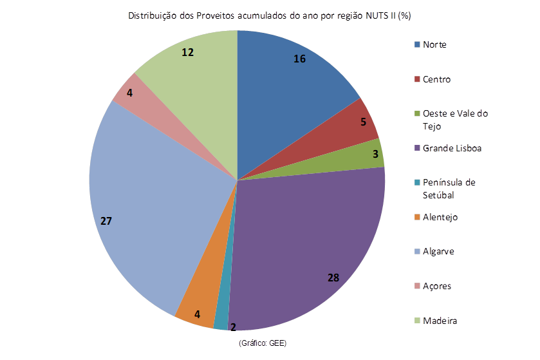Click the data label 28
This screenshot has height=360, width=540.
[333, 278]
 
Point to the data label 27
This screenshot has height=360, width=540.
[106, 221]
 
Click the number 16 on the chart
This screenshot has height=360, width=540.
[299, 59]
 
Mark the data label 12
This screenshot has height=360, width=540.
[188, 52]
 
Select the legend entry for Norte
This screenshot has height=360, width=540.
[434, 44]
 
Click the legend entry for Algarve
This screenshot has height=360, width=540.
[438, 251]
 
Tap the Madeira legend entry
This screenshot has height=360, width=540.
[440, 320]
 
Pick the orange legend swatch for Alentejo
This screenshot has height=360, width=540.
[418, 217]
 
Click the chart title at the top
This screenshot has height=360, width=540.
[270, 15]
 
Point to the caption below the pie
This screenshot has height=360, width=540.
[262, 343]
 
